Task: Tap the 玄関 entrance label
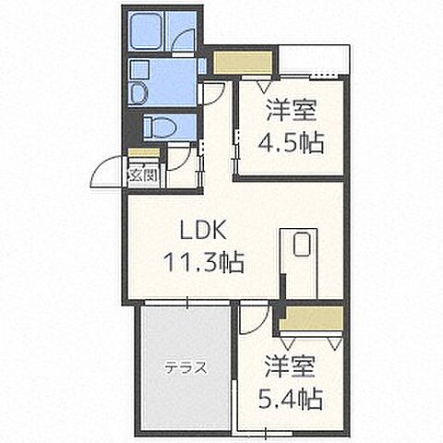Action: point(143,173)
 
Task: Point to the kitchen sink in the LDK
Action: point(301,245)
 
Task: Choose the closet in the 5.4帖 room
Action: point(309,319)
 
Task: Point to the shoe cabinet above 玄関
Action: point(143,153)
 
